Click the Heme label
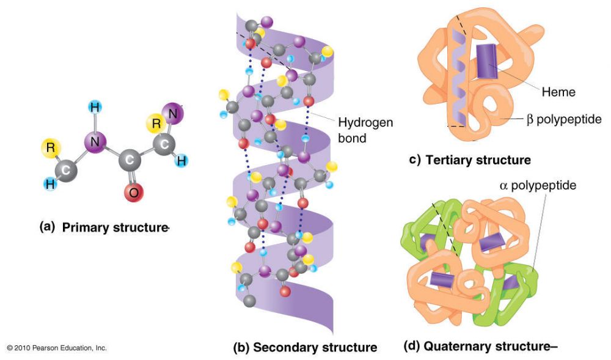pos(558,92)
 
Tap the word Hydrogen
pos(365,123)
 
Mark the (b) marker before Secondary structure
pos(241,348)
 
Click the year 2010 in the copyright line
pos(24,348)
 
